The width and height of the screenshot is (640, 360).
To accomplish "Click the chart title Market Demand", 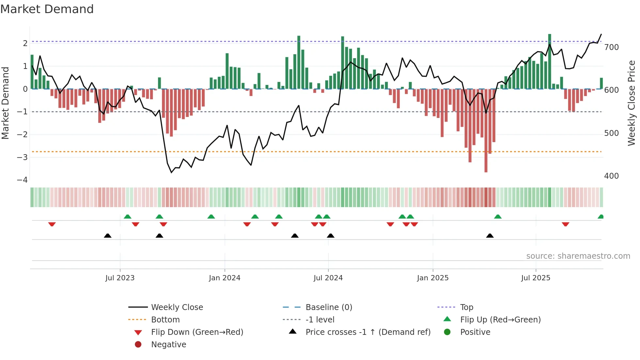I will point(47,9).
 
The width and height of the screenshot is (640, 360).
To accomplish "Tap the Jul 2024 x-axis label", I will point(328,278).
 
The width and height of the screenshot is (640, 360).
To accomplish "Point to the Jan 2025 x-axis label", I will point(433,278).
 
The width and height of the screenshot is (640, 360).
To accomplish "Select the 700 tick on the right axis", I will point(611,47).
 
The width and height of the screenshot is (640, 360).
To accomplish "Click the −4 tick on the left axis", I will point(23,180).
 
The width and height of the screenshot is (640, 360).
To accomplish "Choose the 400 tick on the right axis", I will point(611,176).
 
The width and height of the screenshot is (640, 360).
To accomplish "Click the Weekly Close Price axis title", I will point(632,103).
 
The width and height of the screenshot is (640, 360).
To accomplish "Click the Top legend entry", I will point(466,307).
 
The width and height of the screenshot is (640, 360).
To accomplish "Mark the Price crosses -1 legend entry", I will point(368,332).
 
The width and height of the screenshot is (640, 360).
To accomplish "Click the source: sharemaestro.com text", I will point(578,256).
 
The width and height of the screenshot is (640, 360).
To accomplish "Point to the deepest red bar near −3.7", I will point(486,131).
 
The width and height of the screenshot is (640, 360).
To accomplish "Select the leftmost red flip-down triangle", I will point(52,224).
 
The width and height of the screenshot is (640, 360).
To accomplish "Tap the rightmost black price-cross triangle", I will point(490,236).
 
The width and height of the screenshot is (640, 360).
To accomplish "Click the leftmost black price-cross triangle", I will point(107,236).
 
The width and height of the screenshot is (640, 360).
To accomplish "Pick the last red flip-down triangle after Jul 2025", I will point(566,224).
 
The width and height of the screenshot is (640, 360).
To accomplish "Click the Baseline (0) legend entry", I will point(328,307).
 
